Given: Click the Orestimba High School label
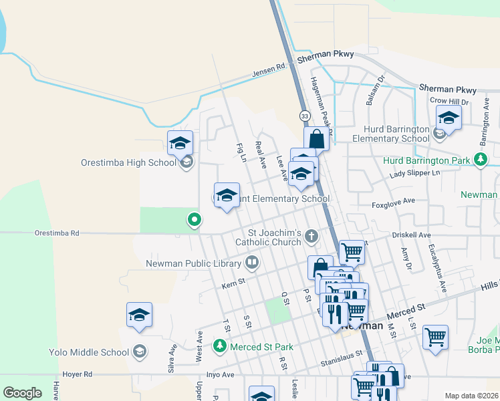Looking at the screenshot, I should pyautogui.click(x=128, y=162).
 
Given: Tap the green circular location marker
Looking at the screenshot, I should pyautogui.click(x=195, y=219).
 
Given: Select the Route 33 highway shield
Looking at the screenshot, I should pyautogui.click(x=305, y=116).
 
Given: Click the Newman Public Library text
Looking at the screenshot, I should pyautogui.click(x=193, y=263).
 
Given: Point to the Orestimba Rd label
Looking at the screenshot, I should pyautogui.click(x=57, y=233).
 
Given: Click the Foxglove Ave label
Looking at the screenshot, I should pyautogui.click(x=394, y=200).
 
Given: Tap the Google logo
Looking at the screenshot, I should pyautogui.click(x=23, y=393).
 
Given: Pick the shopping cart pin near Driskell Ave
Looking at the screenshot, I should pyautogui.click(x=352, y=253).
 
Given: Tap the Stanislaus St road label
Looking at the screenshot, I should pyautogui.click(x=340, y=354).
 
